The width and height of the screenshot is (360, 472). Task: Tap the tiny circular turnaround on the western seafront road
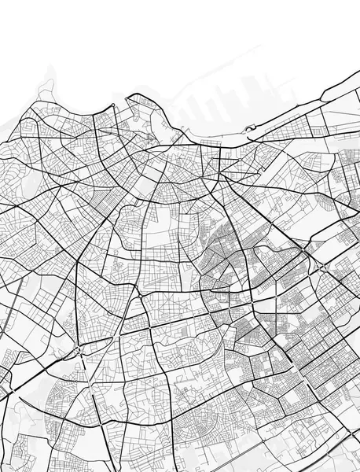click(114, 104)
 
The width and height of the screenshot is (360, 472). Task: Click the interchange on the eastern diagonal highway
click(322, 267)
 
